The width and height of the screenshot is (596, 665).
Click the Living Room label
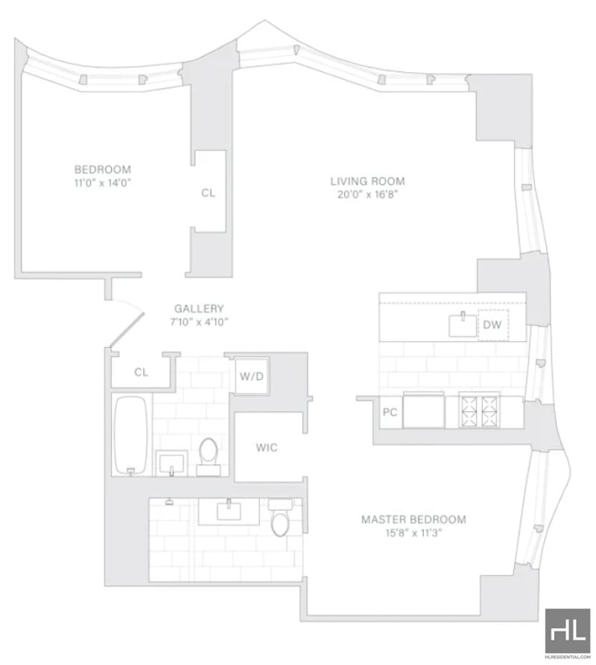coord(367,181)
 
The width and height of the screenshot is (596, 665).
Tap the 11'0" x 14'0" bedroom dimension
coord(102,183)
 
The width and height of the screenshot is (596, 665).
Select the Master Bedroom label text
coord(413,520)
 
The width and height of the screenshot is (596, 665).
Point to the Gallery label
coord(199,308)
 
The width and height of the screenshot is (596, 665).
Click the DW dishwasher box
coord(493,325)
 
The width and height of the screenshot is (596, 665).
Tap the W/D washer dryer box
coord(252,376)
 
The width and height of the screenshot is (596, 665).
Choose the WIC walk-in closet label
coord(267,448)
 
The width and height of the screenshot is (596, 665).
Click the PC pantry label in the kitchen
coord(390,412)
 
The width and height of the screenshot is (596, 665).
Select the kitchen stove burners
coord(479,411)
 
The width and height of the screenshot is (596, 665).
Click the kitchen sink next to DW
coord(463,325)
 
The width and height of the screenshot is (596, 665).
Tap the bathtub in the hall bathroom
coord(132,435)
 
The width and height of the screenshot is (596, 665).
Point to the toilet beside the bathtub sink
coord(209,456)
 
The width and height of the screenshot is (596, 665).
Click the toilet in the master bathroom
coord(279,518)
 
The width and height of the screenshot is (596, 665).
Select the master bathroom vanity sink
coord(229,511)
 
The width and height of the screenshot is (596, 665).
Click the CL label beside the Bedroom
coord(208,193)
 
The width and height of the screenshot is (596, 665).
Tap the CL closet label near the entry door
coord(142,372)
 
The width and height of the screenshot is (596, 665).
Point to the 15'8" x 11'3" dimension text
coord(413,533)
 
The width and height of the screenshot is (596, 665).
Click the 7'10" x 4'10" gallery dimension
coord(199,322)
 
